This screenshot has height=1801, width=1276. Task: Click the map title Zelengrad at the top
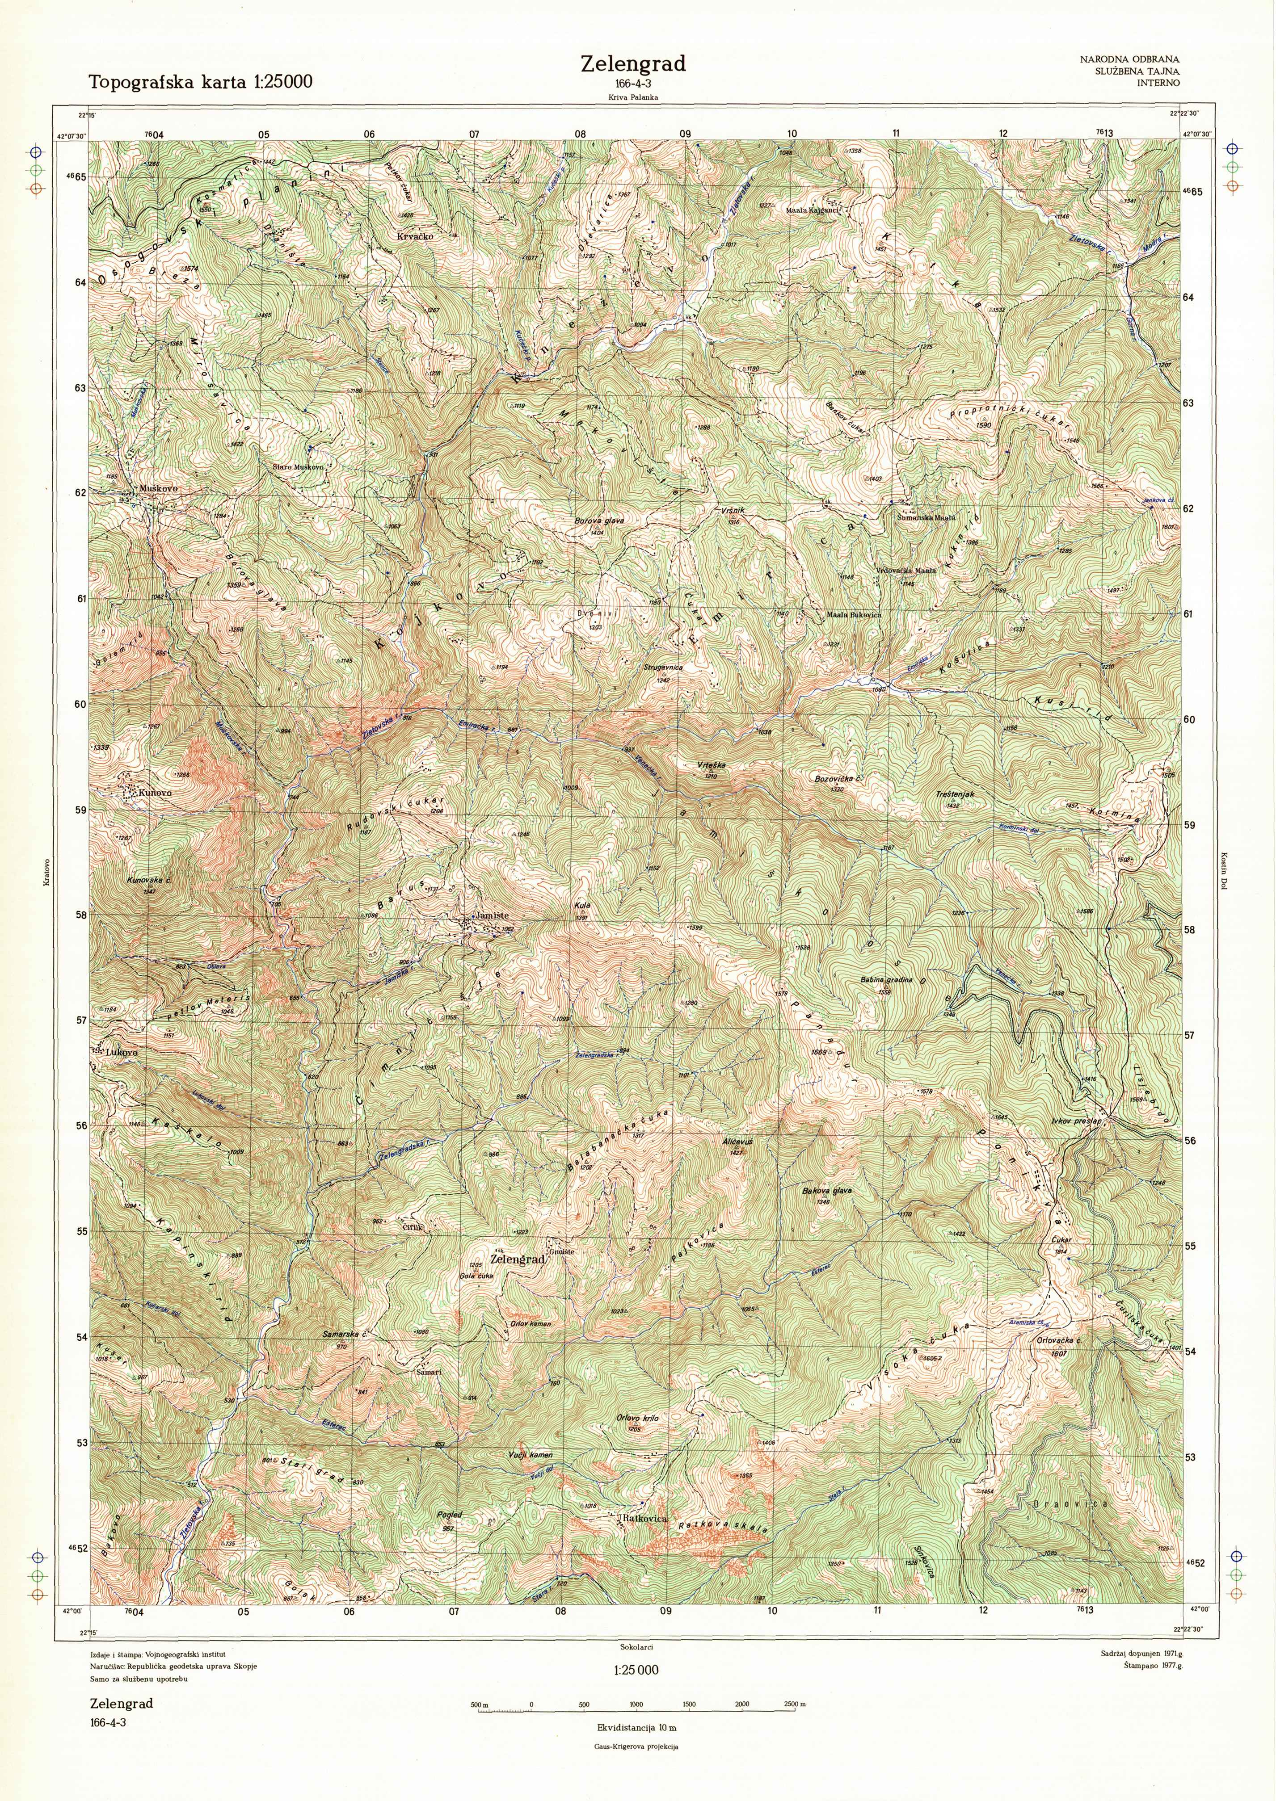point(633,63)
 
